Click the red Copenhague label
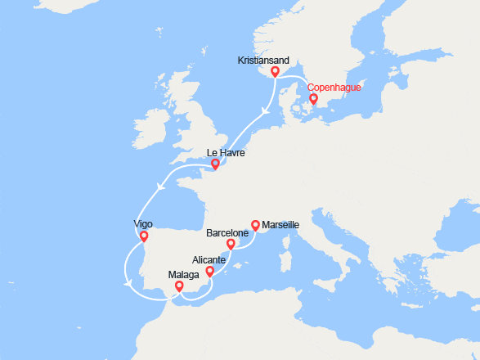[334, 88]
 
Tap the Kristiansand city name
[264, 61]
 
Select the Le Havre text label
[226, 153]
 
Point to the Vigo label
[143, 224]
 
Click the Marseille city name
[280, 224]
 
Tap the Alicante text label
[209, 259]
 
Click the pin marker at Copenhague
[313, 99]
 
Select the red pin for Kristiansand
[275, 71]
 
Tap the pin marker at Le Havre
[215, 164]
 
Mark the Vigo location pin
[143, 236]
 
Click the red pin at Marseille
[254, 224]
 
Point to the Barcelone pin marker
[231, 243]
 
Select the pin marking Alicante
[209, 271]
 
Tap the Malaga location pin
[179, 287]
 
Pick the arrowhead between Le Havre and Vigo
[159, 187]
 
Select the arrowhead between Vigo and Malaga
[128, 284]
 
